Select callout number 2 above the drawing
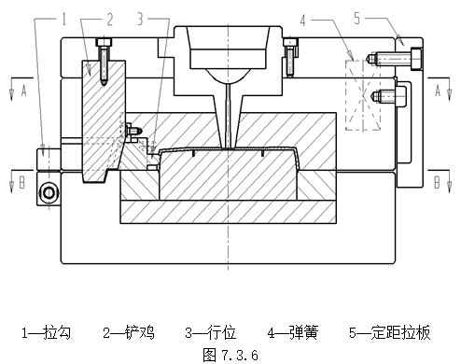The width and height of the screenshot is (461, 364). (x=108, y=17)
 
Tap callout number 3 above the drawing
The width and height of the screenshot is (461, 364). (x=140, y=17)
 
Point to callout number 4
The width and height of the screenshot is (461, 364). (x=329, y=17)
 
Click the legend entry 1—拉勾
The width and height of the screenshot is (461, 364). (x=46, y=331)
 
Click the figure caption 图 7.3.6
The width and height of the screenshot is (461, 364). (x=230, y=355)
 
